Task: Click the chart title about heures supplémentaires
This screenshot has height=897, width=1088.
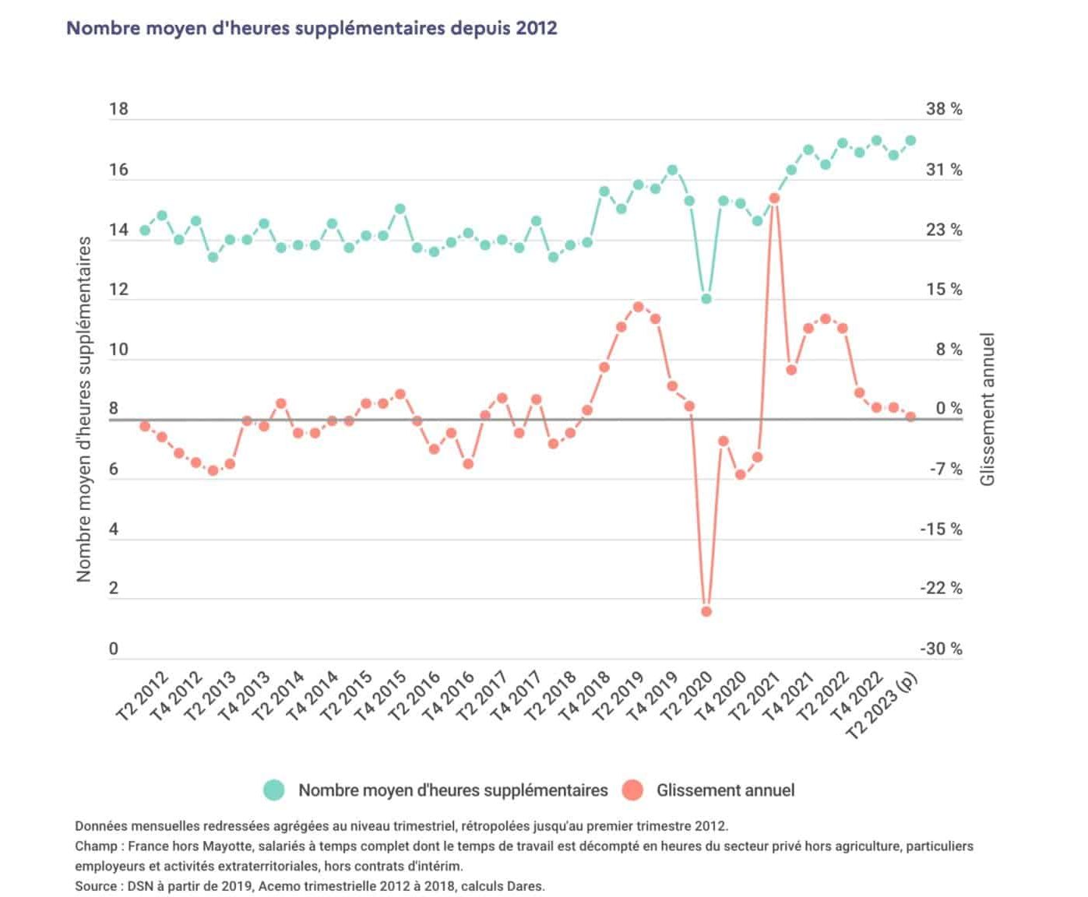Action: pos(312,28)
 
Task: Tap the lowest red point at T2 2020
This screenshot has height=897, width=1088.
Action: pos(706,611)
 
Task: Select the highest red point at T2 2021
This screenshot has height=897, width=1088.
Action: pos(774,198)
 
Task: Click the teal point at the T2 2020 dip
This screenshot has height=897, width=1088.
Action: pos(706,298)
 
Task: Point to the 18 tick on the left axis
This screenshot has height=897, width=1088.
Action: pos(118,109)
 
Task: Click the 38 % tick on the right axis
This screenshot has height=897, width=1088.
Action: pos(944,109)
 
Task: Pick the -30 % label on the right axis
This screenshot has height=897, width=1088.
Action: pos(941,649)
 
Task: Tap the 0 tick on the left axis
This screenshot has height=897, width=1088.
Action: pos(114,649)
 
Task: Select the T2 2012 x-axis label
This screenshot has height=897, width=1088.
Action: pos(142,695)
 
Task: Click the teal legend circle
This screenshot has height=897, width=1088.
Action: pos(274,790)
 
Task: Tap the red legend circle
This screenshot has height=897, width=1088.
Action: pos(633,790)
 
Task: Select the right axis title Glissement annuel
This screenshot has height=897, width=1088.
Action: pos(988,409)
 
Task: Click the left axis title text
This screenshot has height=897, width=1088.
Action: pos(84,409)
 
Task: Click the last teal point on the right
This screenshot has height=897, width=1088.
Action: pos(910,141)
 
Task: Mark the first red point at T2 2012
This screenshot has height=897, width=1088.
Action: pos(145,426)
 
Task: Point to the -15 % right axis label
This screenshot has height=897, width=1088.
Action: pos(941,529)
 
